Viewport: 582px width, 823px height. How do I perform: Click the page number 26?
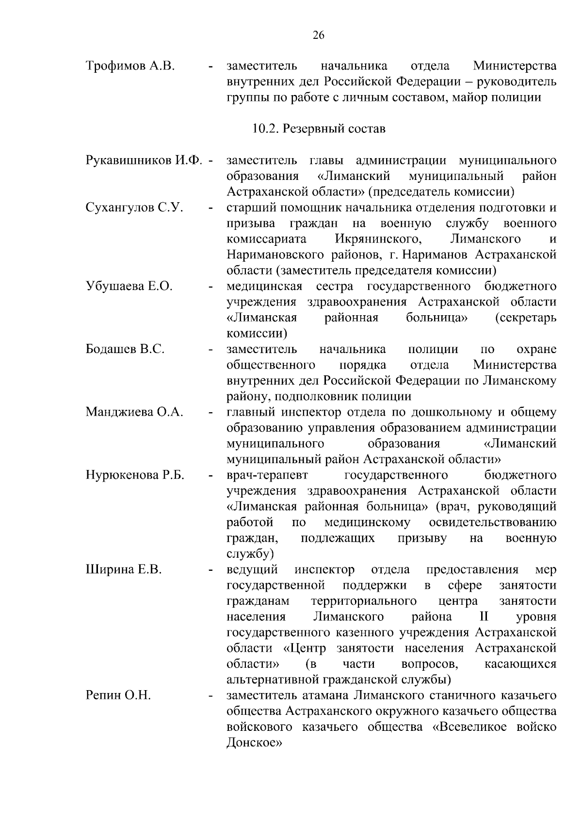pyautogui.click(x=319, y=35)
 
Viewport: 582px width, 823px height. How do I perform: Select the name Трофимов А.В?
pyautogui.click(x=129, y=65)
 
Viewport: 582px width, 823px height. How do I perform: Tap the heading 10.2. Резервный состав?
pyautogui.click(x=319, y=129)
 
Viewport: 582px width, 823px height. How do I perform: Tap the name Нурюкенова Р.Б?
pyautogui.click(x=135, y=475)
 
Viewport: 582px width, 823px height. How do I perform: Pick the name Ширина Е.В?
pyautogui.click(x=123, y=569)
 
